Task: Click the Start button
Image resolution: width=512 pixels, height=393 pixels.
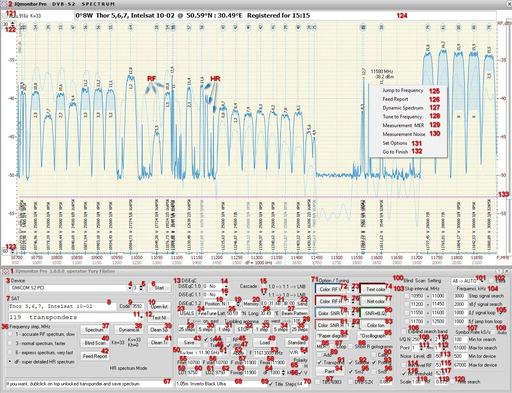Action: (159, 288)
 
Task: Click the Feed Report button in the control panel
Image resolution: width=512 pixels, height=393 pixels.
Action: (95, 356)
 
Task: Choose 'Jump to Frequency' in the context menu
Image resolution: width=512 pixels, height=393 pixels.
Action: (402, 91)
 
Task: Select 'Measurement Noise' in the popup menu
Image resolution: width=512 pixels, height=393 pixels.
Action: (404, 134)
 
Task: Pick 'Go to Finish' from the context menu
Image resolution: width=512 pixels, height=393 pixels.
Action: (395, 152)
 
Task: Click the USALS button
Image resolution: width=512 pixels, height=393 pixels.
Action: (187, 313)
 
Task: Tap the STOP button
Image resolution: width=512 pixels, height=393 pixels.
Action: (243, 329)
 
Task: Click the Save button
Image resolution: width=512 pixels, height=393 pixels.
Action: (189, 343)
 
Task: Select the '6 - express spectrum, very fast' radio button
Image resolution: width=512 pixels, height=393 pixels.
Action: (10, 353)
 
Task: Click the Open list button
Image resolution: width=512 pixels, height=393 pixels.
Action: (159, 307)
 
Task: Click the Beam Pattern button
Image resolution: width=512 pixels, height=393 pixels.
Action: (294, 313)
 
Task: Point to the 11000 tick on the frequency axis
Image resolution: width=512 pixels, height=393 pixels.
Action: (137, 258)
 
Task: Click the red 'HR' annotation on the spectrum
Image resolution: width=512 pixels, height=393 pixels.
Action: (215, 79)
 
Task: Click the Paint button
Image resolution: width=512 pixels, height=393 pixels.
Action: (330, 371)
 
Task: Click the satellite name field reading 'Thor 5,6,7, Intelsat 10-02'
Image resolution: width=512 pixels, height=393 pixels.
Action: (62, 306)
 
